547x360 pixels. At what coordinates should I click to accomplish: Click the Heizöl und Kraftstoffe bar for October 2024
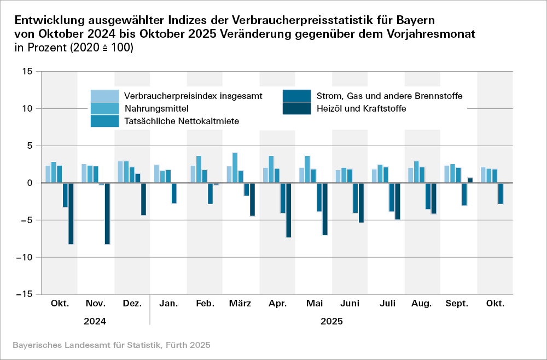[71, 213]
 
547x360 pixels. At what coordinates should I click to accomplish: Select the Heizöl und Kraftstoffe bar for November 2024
[107, 213]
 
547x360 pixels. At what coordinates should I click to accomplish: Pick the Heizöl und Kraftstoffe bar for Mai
[325, 209]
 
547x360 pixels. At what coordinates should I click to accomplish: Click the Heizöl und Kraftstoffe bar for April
[288, 210]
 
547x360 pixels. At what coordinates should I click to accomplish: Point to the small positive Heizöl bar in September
[470, 180]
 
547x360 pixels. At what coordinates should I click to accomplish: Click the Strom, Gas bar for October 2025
[500, 193]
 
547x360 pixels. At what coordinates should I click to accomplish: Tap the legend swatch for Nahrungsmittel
[104, 108]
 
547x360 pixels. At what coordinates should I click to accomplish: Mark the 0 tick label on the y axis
[31, 183]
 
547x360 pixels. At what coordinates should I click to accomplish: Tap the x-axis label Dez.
[132, 303]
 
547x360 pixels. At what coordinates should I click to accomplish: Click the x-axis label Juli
[387, 303]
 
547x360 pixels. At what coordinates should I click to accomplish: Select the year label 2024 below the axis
[95, 322]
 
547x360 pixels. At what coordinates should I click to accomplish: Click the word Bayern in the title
[414, 20]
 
